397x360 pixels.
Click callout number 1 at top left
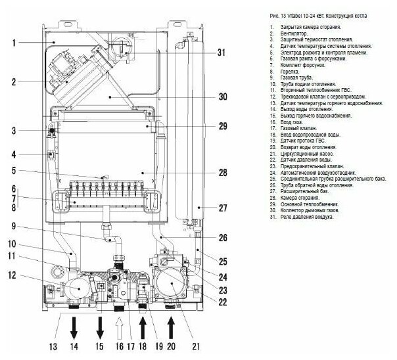13,43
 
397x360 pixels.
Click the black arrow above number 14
74,326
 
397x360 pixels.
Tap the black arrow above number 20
171,326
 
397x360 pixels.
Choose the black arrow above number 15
101,326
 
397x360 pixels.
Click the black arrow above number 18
143,326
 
